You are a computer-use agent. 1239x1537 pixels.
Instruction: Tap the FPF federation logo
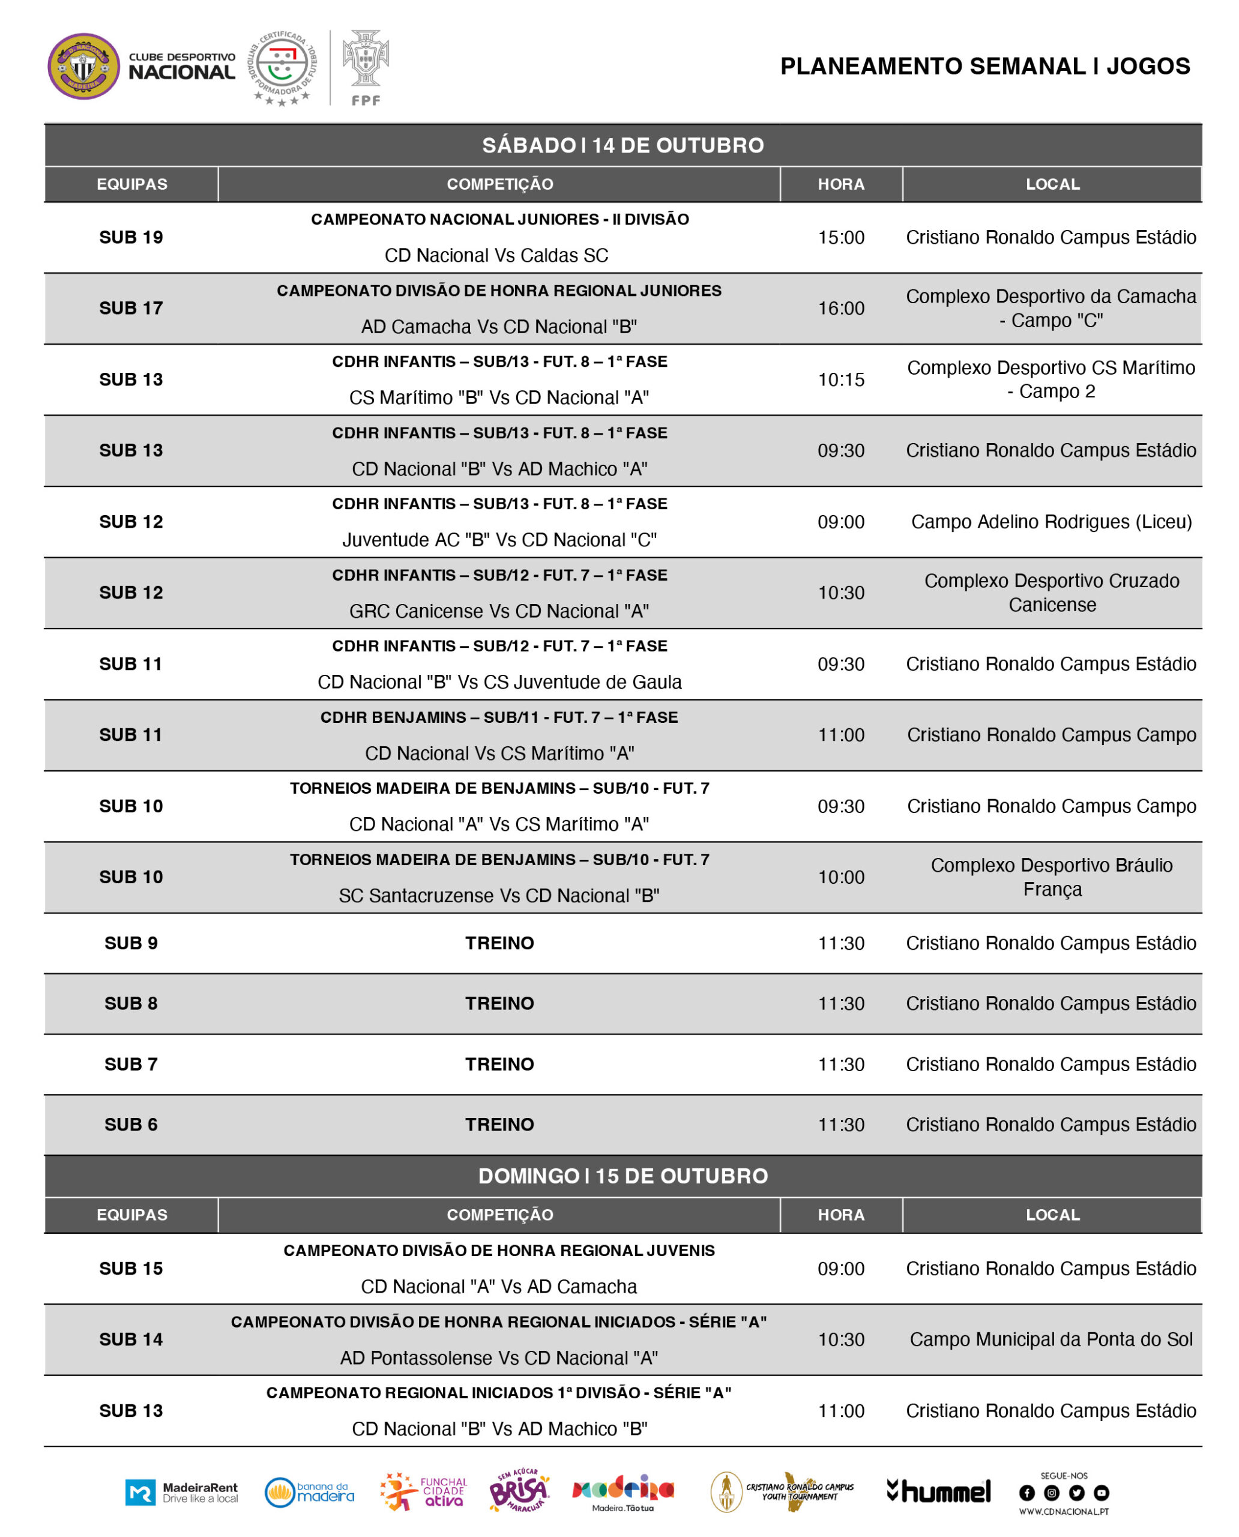point(366,67)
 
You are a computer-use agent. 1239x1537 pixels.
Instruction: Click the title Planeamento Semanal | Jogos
point(984,67)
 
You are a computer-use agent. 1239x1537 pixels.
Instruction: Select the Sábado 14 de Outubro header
point(623,146)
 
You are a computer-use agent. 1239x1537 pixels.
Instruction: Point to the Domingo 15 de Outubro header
point(623,1176)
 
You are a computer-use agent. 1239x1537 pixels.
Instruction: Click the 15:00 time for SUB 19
point(841,238)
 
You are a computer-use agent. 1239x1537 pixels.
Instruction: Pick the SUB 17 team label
point(131,309)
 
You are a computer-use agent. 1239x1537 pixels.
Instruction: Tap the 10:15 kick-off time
point(841,380)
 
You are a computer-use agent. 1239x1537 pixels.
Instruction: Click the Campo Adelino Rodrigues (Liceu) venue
point(1051,522)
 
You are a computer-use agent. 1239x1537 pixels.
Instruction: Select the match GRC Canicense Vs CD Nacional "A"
point(499,611)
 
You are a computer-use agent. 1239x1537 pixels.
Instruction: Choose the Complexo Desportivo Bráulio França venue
point(1051,877)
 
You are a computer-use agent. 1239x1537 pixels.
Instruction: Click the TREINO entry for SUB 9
point(499,943)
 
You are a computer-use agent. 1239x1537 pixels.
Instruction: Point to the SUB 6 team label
point(131,1125)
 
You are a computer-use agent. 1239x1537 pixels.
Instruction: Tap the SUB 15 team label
point(131,1269)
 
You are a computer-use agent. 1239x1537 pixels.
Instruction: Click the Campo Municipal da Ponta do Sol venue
point(1051,1339)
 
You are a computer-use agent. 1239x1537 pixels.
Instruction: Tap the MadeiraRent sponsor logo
point(181,1492)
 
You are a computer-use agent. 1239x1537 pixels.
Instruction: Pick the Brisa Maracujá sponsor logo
point(519,1491)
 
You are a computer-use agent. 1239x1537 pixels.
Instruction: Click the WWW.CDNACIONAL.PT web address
point(1064,1511)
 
